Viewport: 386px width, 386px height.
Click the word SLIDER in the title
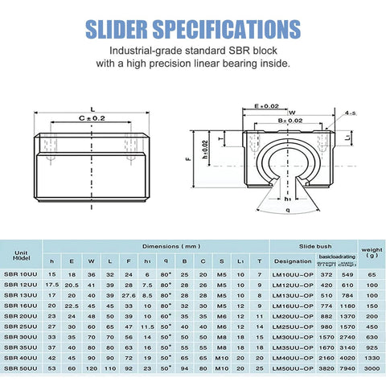(x=121, y=30)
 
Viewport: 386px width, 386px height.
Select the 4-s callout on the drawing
(x=350, y=113)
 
